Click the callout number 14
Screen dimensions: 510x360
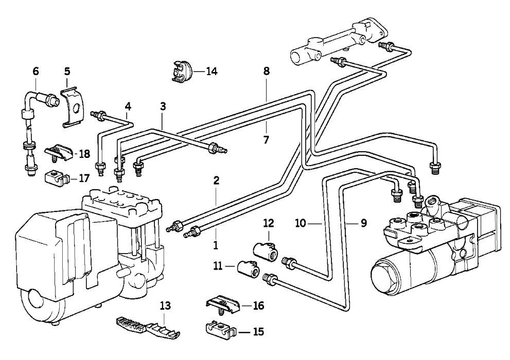pyautogui.click(x=212, y=71)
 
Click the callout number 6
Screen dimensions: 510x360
pyautogui.click(x=36, y=71)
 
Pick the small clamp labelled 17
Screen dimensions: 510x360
pyautogui.click(x=57, y=179)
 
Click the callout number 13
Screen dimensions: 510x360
pyautogui.click(x=165, y=305)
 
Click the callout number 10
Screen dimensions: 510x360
pyautogui.click(x=301, y=223)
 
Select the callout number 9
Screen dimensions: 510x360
pyautogui.click(x=363, y=223)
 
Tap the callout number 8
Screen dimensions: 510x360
pyautogui.click(x=267, y=71)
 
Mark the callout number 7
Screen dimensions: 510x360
pyautogui.click(x=266, y=140)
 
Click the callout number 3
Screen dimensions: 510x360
pyautogui.click(x=163, y=106)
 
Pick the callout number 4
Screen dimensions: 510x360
pyautogui.click(x=128, y=106)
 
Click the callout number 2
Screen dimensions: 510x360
pyautogui.click(x=216, y=181)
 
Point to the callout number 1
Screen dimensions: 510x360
pyautogui.click(x=215, y=245)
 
